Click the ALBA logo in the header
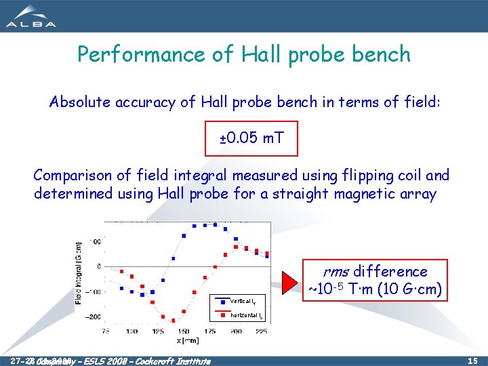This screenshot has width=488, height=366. pyautogui.click(x=31, y=16)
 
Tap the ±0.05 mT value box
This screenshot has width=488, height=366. pyautogui.click(x=251, y=138)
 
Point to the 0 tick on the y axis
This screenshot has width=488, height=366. pyautogui.click(x=99, y=266)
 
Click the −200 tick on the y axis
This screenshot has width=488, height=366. pyautogui.click(x=94, y=317)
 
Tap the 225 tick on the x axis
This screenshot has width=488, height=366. pyautogui.click(x=261, y=331)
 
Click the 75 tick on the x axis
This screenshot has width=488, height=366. pyautogui.click(x=106, y=331)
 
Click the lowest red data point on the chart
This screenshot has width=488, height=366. pyautogui.click(x=174, y=320)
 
